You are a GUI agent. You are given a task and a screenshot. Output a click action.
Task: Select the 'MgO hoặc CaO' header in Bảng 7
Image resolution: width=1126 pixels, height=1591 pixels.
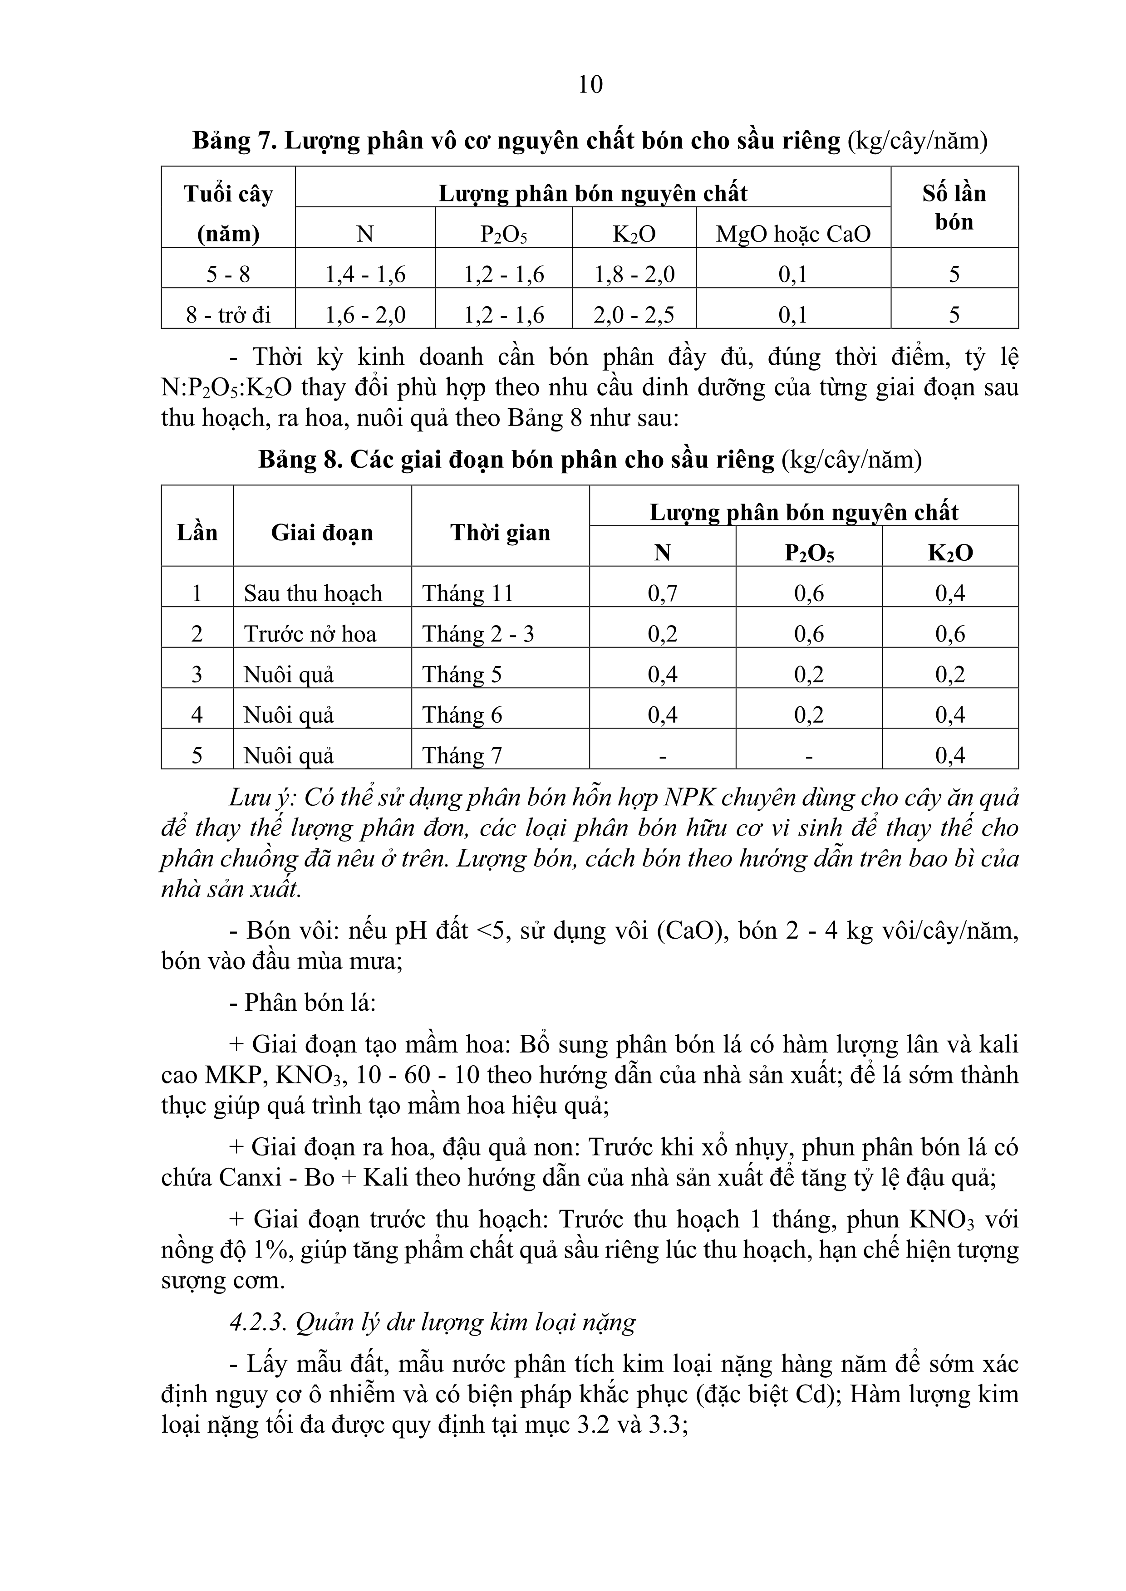coord(793,234)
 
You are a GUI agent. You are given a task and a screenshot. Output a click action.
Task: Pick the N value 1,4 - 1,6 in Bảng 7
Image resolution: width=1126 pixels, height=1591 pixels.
coord(365,275)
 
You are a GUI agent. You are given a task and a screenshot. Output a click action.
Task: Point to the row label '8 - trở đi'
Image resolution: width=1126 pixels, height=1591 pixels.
coord(228,315)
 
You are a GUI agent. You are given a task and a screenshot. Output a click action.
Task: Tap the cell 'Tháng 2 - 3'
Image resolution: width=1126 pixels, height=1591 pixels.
coord(478,634)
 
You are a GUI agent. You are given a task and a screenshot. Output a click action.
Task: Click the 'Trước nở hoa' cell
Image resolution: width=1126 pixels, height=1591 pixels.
coord(310,634)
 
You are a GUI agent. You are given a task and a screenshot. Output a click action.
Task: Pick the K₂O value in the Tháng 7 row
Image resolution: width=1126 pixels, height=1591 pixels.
coord(950,755)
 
